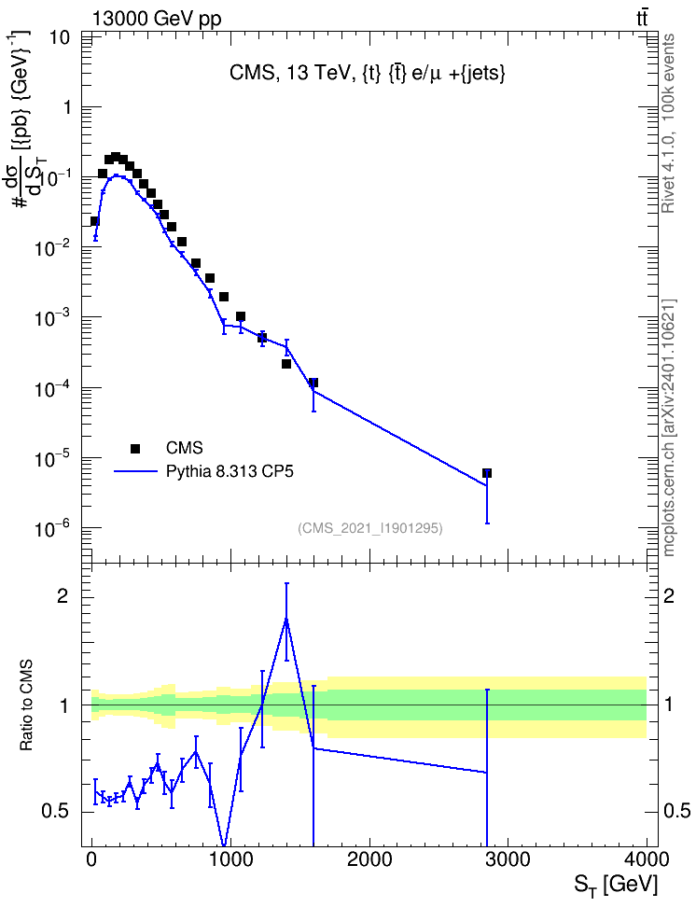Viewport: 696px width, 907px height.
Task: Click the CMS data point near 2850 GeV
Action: [487, 473]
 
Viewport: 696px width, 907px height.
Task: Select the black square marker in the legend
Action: [134, 448]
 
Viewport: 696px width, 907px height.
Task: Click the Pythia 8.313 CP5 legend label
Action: [230, 472]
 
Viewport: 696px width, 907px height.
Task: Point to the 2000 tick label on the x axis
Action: [369, 859]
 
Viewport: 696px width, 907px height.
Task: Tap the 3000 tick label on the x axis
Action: [508, 859]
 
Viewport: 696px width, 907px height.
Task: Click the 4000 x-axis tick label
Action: [647, 859]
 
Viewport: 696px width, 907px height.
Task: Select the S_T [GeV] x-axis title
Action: [616, 885]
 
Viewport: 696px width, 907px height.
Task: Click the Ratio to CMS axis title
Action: [26, 705]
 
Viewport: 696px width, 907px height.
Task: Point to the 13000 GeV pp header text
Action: [156, 19]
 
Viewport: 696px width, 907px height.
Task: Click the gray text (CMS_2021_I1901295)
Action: [370, 528]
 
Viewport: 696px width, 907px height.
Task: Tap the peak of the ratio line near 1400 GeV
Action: [285, 619]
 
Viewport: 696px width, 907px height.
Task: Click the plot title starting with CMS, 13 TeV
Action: [368, 73]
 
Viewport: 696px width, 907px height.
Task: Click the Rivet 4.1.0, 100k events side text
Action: [668, 123]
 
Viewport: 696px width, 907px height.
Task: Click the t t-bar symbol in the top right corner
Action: [642, 19]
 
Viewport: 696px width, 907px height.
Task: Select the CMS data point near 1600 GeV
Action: [313, 383]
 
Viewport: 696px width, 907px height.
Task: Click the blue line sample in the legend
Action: [135, 472]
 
